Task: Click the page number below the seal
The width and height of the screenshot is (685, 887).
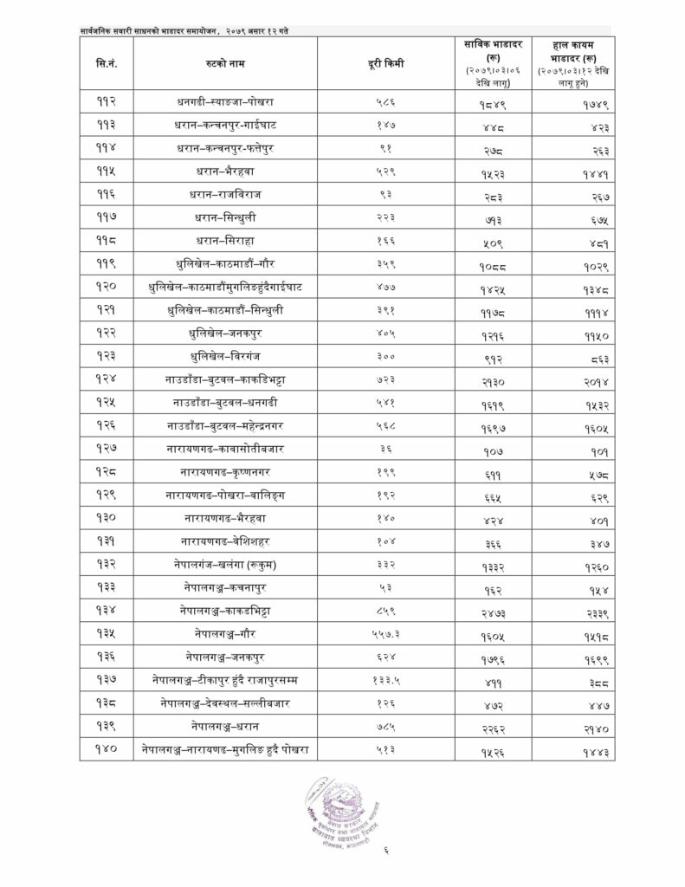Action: tap(386, 860)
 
